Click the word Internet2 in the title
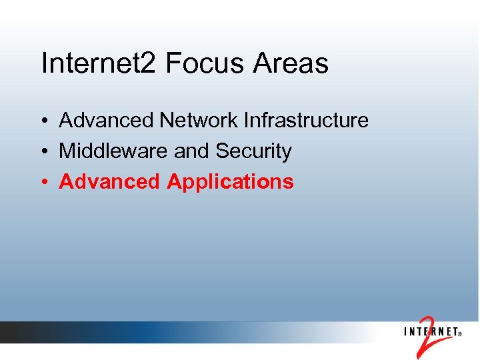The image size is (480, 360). [x=99, y=64]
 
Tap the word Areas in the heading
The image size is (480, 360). [x=291, y=64]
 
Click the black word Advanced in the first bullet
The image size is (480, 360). [x=106, y=121]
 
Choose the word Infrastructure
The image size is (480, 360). [x=306, y=121]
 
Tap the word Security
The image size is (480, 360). [x=253, y=152]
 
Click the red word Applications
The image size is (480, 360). [x=230, y=182]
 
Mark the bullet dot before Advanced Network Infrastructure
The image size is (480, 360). [x=43, y=121]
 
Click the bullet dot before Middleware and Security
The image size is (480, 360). [x=43, y=152]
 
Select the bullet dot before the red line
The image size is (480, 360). [x=43, y=182]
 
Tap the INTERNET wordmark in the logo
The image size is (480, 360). [x=431, y=331]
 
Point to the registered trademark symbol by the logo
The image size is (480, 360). [x=460, y=335]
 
